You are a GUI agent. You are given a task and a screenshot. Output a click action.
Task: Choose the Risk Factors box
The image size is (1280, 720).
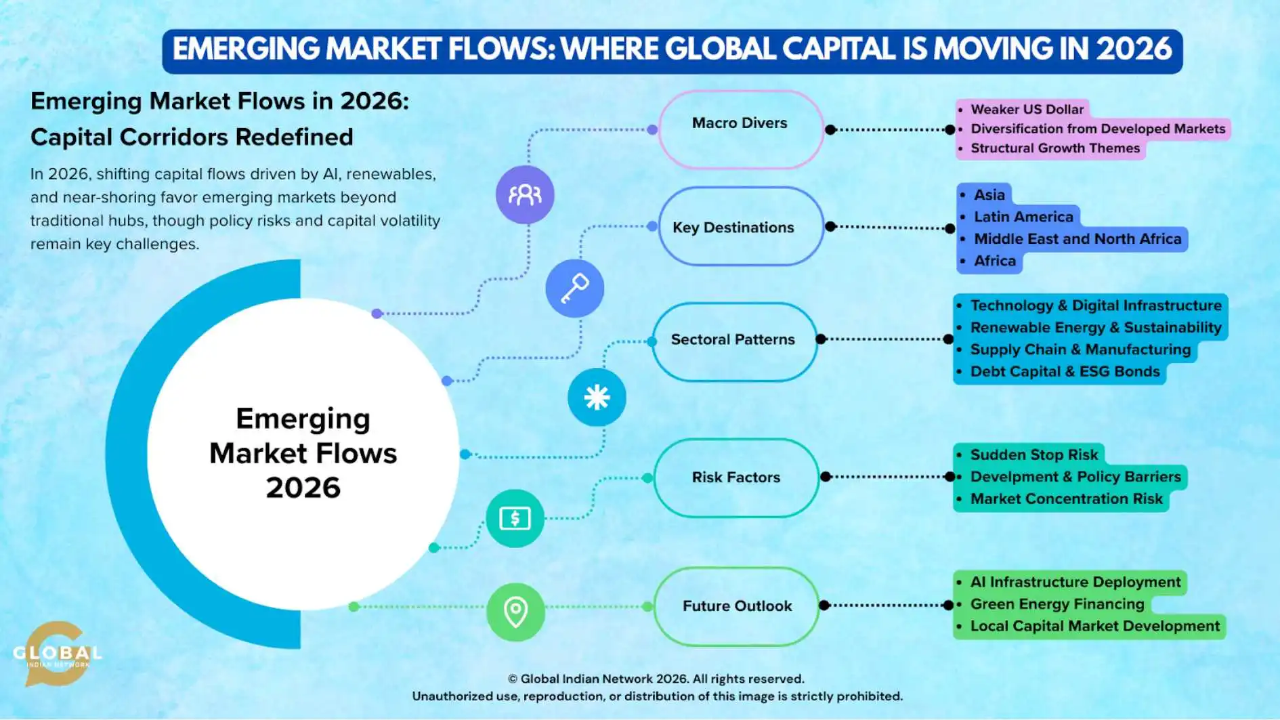[735, 478]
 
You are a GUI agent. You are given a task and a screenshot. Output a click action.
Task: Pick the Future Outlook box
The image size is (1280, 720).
[736, 606]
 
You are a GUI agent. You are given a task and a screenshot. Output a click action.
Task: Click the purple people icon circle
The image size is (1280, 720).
[525, 195]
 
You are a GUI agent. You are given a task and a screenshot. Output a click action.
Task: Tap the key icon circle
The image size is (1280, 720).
[574, 289]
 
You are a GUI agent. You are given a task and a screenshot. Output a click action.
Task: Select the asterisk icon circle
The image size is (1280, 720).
[597, 397]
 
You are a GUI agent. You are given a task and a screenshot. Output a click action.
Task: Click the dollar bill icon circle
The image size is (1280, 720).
[515, 519]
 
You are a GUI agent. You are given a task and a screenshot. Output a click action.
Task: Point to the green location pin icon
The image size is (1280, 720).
[515, 612]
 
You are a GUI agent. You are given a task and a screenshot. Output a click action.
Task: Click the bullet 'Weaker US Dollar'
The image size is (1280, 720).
[1027, 110]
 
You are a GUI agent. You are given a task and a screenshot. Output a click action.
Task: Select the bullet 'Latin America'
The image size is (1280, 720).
[1023, 217]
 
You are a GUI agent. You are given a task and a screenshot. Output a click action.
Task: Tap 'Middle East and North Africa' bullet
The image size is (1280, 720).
[1077, 239]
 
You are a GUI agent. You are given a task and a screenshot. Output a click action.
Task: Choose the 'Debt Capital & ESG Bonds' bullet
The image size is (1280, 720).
[1065, 372]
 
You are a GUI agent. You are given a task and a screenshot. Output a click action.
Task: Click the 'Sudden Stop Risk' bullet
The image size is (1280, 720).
[1033, 454]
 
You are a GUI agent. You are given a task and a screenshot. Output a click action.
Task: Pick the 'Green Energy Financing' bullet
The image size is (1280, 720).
[1057, 604]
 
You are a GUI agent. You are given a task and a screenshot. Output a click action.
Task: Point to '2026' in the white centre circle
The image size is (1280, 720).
[303, 488]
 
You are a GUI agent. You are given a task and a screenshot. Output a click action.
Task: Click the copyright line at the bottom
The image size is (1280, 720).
[656, 679]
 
